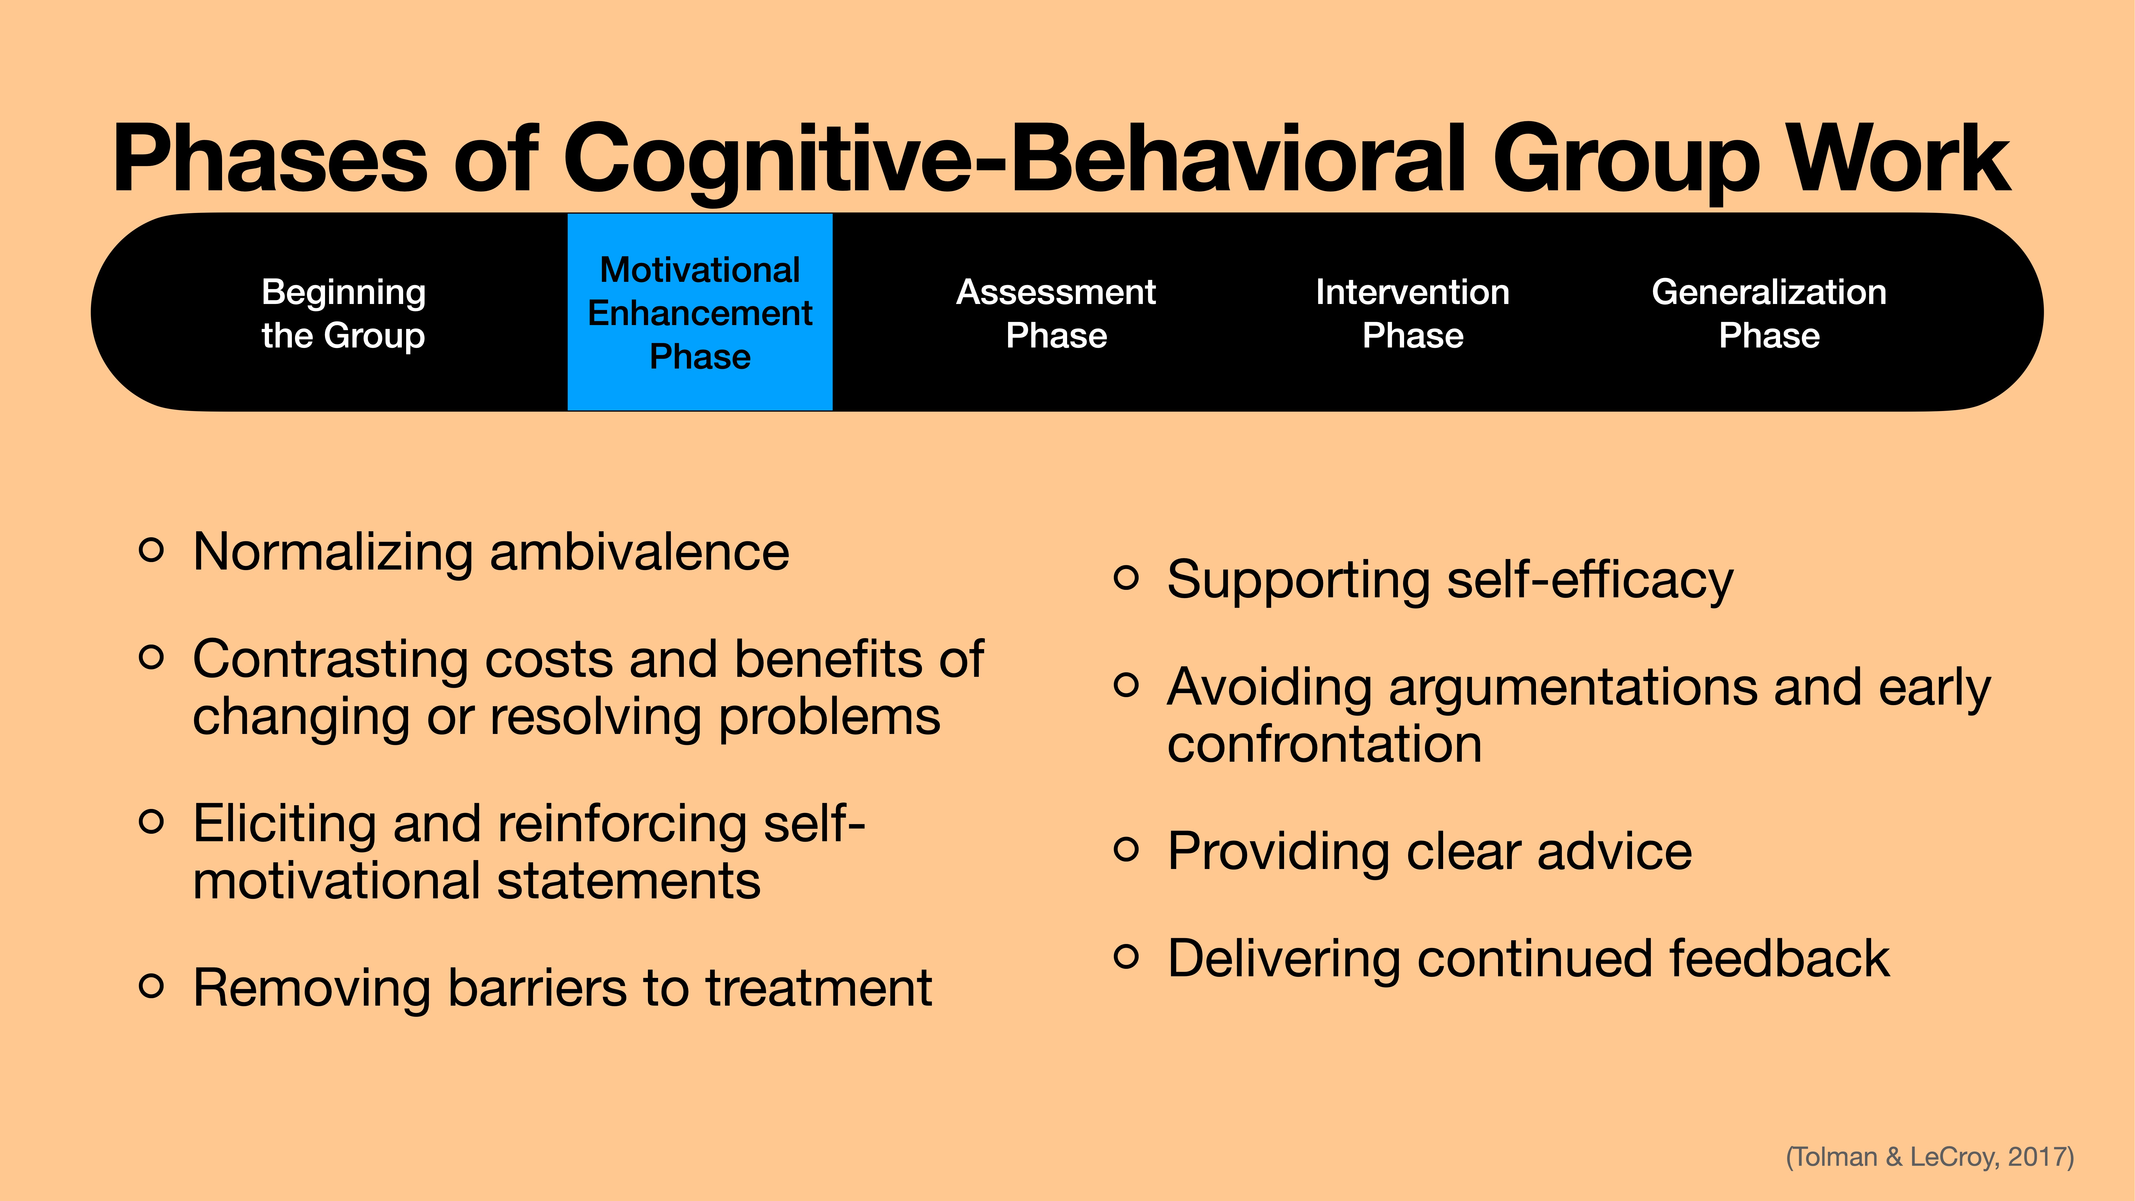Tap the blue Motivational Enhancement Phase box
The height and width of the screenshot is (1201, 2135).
pyautogui.click(x=699, y=313)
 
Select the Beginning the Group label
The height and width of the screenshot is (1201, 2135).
pyautogui.click(x=343, y=313)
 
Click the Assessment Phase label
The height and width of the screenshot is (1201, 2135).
pyautogui.click(x=1056, y=313)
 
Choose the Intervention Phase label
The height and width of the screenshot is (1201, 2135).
pyautogui.click(x=1412, y=313)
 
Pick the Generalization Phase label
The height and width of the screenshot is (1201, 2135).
pyautogui.click(x=1769, y=313)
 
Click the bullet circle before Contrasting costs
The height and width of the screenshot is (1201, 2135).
pyautogui.click(x=151, y=657)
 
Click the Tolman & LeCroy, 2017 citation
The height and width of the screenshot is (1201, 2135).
pyautogui.click(x=1930, y=1156)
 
